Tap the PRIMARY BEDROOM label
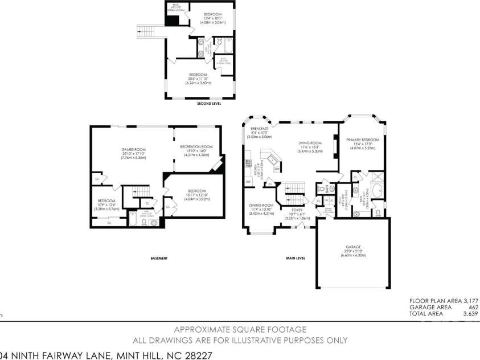click(x=362, y=140)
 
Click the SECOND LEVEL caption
click(x=209, y=104)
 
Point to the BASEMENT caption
click(x=159, y=258)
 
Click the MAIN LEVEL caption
click(x=296, y=258)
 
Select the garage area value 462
click(x=473, y=307)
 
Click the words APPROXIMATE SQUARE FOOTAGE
click(x=240, y=329)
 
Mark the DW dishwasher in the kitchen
click(x=276, y=169)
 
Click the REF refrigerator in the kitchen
click(x=248, y=182)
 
